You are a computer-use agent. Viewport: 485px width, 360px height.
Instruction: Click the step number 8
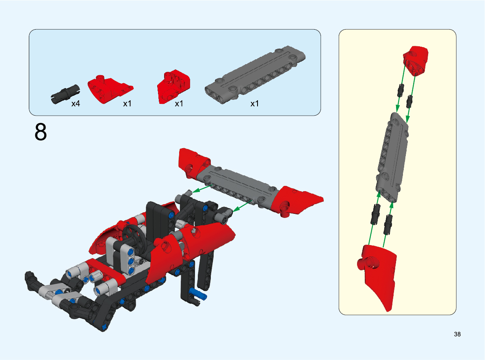point(41,132)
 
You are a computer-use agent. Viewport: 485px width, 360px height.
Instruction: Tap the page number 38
point(457,334)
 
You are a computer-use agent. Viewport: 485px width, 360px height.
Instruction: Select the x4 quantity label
point(76,103)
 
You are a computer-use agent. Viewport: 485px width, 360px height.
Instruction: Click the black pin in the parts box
point(65,94)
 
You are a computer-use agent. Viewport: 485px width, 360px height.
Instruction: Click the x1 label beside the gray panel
point(254,103)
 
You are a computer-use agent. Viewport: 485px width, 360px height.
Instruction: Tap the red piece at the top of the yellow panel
point(416,60)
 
